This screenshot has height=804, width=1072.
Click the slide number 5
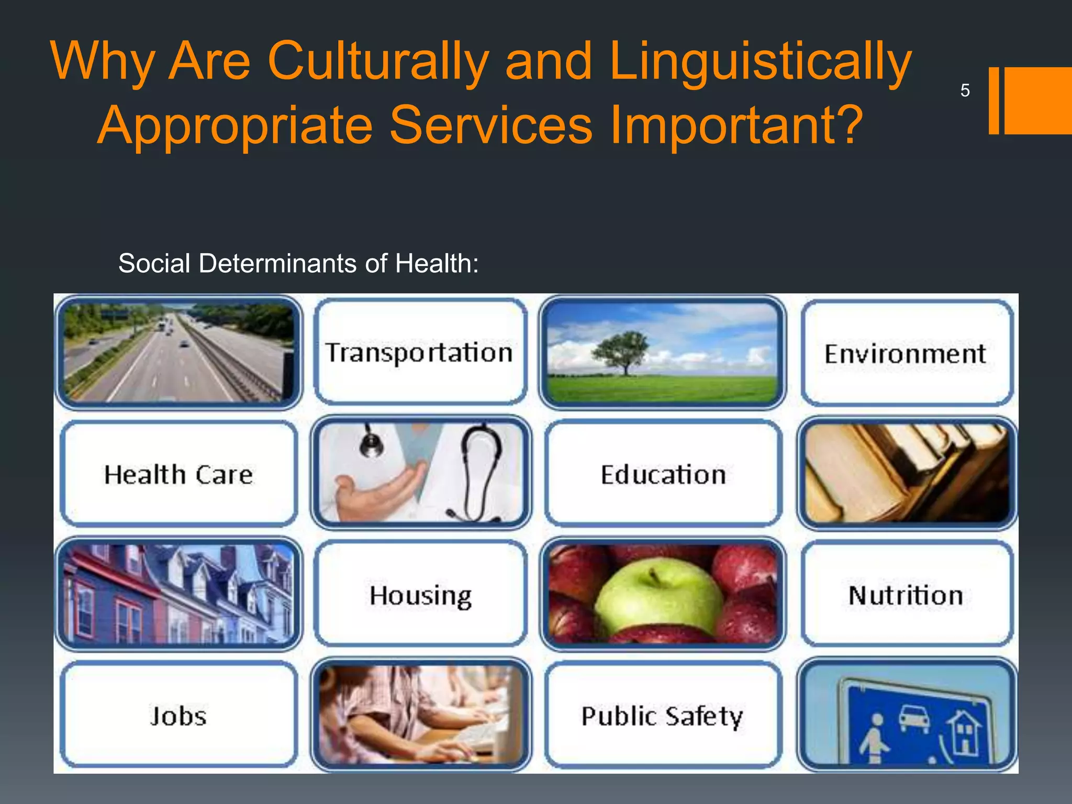[x=965, y=91]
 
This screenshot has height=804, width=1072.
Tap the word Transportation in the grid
[x=419, y=353]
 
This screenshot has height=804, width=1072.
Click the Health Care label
[x=178, y=475]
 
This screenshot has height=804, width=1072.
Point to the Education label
[x=663, y=475]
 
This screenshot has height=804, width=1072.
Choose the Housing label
[x=420, y=596]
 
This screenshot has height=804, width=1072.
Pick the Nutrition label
[x=906, y=596]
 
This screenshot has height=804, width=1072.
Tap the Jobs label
[x=178, y=716]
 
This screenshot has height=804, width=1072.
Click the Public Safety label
[x=662, y=716]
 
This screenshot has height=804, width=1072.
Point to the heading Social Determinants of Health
[x=298, y=263]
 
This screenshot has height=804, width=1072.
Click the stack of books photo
[x=907, y=473]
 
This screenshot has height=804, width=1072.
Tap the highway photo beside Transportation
[x=178, y=352]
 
